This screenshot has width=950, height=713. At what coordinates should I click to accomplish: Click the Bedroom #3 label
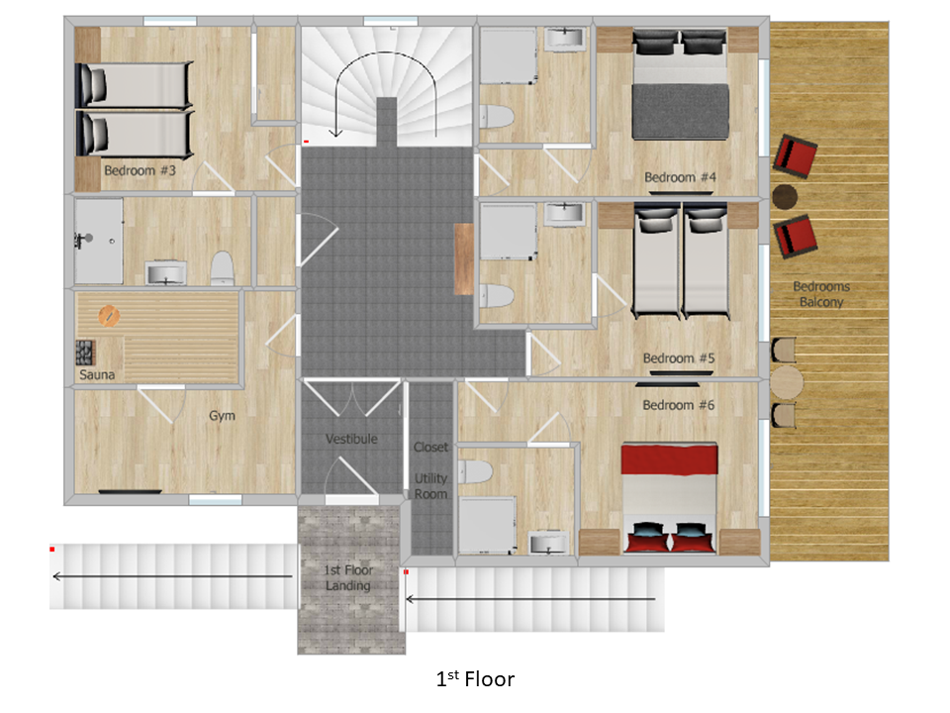tap(140, 170)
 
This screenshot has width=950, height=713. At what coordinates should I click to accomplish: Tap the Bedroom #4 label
tap(680, 177)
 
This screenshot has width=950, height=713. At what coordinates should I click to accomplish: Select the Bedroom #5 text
tap(679, 358)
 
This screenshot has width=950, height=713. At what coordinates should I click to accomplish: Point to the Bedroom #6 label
tap(679, 405)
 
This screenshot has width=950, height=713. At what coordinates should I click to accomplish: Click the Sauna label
tap(97, 374)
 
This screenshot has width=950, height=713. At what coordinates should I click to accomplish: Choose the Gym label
tap(222, 416)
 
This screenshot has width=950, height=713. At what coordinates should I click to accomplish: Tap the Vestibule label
tap(351, 439)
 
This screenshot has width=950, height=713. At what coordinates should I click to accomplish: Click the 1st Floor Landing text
tap(347, 577)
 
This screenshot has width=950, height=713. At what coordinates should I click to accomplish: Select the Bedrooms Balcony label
tap(821, 294)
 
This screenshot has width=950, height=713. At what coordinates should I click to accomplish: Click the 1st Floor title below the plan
tap(475, 679)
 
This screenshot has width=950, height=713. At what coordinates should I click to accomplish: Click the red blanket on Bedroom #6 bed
tap(670, 458)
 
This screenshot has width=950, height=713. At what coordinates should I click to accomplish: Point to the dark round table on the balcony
tap(785, 196)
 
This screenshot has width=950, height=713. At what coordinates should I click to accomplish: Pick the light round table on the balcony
tap(787, 382)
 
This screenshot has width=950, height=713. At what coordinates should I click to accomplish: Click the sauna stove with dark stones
tap(85, 354)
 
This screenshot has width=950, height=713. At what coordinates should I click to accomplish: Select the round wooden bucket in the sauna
tap(109, 316)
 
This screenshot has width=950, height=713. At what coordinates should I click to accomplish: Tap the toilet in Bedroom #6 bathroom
tap(475, 471)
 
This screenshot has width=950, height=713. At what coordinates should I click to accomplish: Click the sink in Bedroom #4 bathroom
tap(564, 39)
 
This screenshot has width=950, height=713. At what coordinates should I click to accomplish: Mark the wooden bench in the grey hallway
tap(464, 258)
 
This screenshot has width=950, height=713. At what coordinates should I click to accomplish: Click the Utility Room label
tap(430, 486)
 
